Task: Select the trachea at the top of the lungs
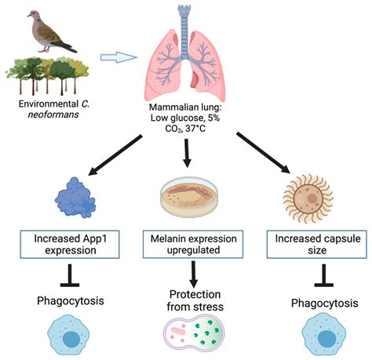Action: pyautogui.click(x=185, y=19)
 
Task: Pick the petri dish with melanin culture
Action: pyautogui.click(x=186, y=196)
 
